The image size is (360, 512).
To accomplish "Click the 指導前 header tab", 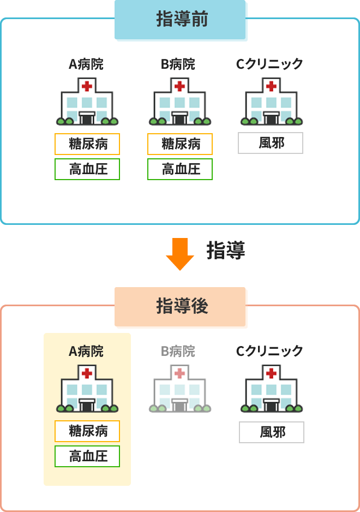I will [x=181, y=20].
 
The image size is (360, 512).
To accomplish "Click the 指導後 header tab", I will [x=181, y=307].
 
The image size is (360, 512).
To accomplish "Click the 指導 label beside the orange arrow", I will [x=225, y=251].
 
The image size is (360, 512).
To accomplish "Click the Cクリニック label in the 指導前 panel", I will [x=269, y=64].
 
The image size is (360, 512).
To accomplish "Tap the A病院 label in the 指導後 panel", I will [x=87, y=352].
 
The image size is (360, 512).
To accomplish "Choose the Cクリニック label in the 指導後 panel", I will [x=269, y=351].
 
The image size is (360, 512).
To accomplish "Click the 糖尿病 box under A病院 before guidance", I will [x=87, y=144].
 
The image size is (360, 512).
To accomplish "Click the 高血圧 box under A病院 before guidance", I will [x=87, y=169].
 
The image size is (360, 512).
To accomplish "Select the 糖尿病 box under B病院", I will [x=180, y=144].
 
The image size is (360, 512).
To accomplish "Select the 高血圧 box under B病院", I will [x=180, y=169].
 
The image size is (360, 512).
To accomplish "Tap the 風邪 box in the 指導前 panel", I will [x=271, y=143].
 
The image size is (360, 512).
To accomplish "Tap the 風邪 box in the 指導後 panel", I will [x=272, y=432].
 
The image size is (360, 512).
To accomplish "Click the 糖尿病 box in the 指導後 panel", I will [x=87, y=431].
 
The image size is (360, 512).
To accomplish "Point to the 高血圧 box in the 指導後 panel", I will [x=87, y=456].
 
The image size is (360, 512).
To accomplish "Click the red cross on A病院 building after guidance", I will [x=87, y=373].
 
